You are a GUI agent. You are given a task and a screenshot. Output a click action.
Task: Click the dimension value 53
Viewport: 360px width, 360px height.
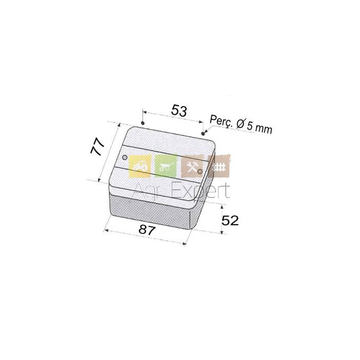point(179,111)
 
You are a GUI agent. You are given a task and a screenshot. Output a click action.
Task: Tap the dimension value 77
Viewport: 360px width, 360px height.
point(97,147)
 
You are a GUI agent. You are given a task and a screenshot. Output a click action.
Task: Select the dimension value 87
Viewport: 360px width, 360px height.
point(147,230)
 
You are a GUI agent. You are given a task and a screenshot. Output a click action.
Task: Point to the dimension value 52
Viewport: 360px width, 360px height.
point(230,221)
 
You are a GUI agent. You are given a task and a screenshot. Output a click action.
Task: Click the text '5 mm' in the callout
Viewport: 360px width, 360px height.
point(260,128)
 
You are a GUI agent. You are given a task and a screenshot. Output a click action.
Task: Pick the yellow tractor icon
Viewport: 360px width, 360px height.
point(140,166)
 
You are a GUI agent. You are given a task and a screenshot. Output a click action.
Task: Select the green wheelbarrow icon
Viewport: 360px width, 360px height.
point(166,166)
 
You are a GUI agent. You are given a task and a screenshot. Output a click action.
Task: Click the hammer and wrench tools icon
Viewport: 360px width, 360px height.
point(192,166)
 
